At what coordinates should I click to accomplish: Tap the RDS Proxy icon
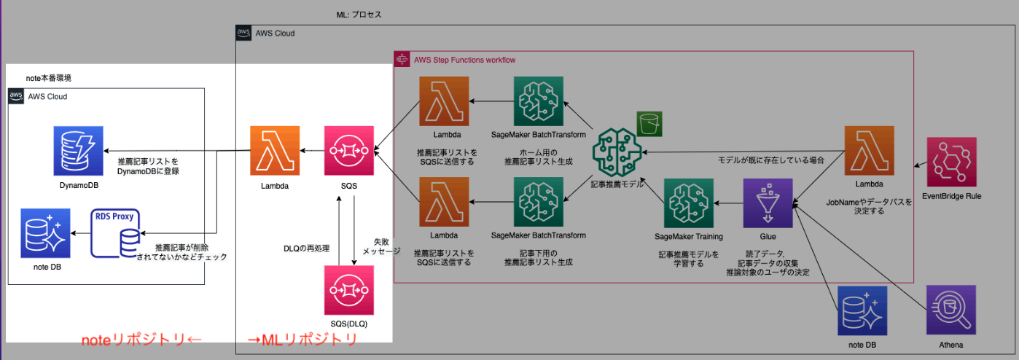pos(116,233)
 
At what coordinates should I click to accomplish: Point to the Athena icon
pos(951,310)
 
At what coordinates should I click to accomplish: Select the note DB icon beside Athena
pos(862,310)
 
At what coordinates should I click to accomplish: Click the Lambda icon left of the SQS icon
pos(274,151)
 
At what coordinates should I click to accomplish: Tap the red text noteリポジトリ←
pos(138,339)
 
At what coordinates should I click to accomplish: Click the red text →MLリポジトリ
pos(302,339)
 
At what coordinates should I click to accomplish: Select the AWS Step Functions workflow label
pos(465,59)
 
